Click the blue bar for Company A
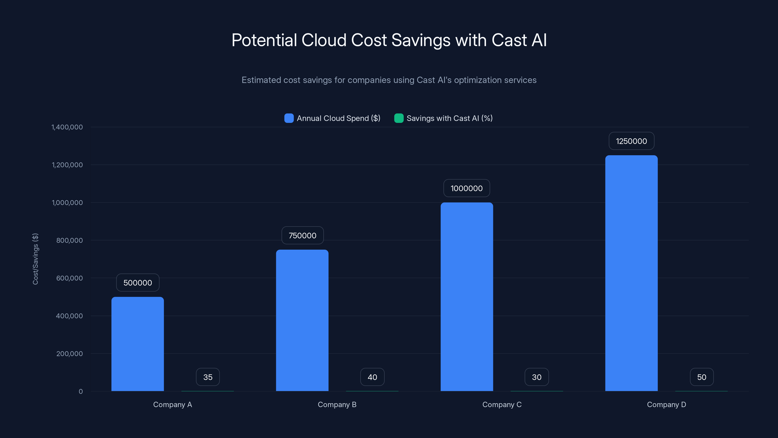[x=137, y=344]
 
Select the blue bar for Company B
[x=302, y=320]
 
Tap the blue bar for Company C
[x=467, y=297]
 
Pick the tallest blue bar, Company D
[x=631, y=273]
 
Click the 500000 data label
[x=138, y=283]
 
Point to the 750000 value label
[x=302, y=236]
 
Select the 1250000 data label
[x=631, y=141]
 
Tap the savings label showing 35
[x=208, y=377]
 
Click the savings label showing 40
[x=372, y=377]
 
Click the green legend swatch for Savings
[x=399, y=118]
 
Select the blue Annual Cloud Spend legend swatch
[x=289, y=118]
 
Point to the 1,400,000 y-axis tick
[x=67, y=127]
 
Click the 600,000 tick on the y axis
[x=70, y=278]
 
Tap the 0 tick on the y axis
[x=81, y=392]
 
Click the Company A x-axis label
[x=172, y=404]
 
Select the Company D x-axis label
[x=666, y=404]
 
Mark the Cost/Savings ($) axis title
[x=35, y=259]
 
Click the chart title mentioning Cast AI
[x=389, y=40]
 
